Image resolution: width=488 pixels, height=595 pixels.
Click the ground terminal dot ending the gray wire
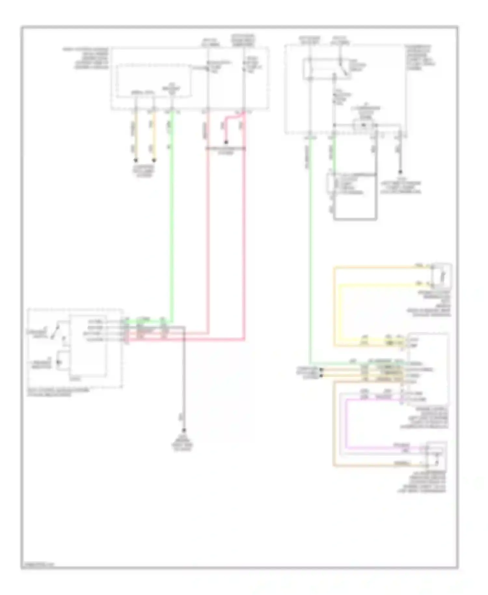[184, 430]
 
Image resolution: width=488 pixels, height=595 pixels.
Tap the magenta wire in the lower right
[346, 423]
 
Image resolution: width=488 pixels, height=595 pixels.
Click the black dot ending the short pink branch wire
[225, 143]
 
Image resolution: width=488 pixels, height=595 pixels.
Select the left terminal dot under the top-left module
[136, 160]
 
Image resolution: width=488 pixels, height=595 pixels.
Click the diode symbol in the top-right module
[364, 125]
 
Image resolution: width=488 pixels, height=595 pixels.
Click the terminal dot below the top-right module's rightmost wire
[400, 172]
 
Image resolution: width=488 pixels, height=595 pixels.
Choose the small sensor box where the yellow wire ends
[442, 276]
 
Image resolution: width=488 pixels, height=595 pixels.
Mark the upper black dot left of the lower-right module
[321, 370]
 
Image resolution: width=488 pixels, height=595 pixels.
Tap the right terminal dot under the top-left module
[154, 160]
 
